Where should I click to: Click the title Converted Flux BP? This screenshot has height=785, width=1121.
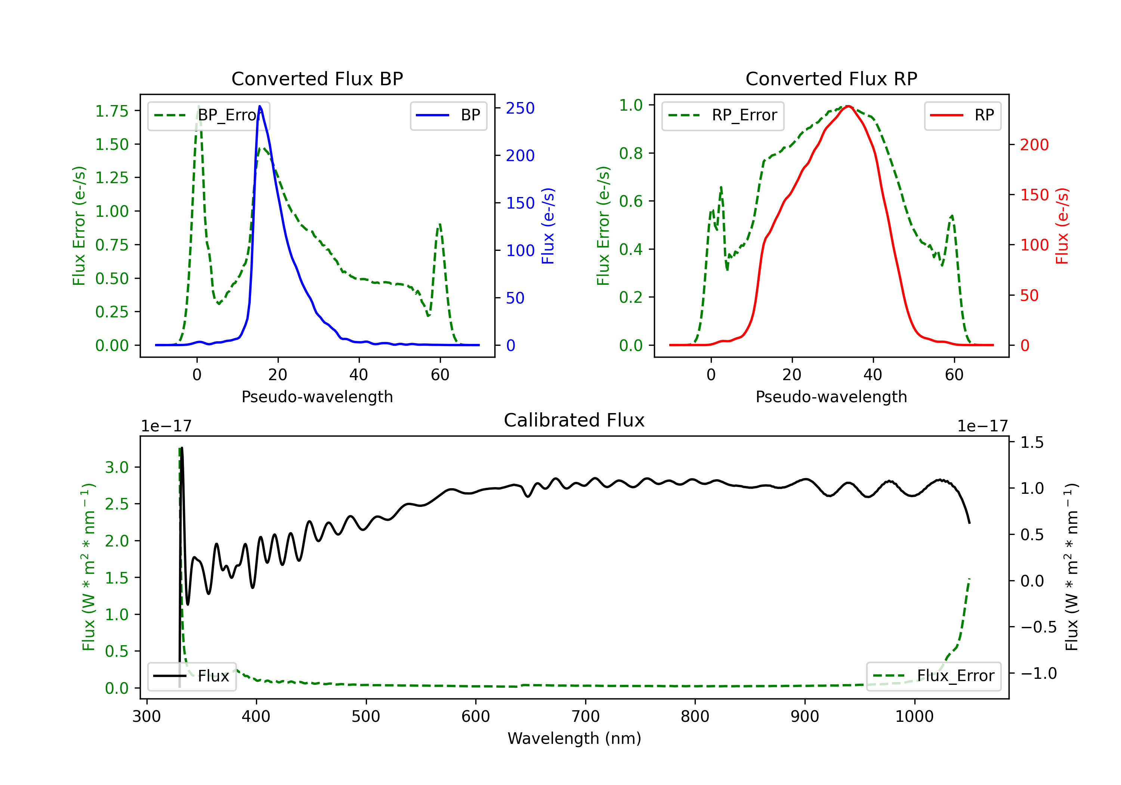[x=317, y=78]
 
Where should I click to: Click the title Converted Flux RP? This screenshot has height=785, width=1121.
[x=831, y=78]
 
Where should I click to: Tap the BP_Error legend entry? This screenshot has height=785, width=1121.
[x=209, y=115]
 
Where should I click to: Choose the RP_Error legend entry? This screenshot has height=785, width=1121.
[x=723, y=115]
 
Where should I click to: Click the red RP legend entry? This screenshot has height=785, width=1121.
[x=962, y=115]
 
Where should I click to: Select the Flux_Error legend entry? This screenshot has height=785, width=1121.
[x=933, y=676]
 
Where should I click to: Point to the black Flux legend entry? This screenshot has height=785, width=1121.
[x=192, y=676]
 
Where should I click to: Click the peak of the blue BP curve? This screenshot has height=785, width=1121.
[x=260, y=106]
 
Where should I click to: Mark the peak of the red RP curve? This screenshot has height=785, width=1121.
[x=849, y=106]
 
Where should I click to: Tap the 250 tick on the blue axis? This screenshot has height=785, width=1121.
[x=520, y=108]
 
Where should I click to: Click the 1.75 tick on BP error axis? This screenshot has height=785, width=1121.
[x=112, y=111]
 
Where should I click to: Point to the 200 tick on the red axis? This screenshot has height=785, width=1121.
[x=1034, y=145]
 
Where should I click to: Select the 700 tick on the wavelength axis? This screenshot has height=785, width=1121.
[x=586, y=717]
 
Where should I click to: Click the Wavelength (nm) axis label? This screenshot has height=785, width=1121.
[x=574, y=738]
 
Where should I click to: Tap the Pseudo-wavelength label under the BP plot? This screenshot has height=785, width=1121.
[x=317, y=397]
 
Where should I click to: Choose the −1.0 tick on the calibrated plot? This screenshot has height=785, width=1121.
[x=1038, y=674]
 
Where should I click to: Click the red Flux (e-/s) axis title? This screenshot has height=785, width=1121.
[x=1062, y=226]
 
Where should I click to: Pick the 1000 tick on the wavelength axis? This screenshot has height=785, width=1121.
[x=914, y=717]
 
